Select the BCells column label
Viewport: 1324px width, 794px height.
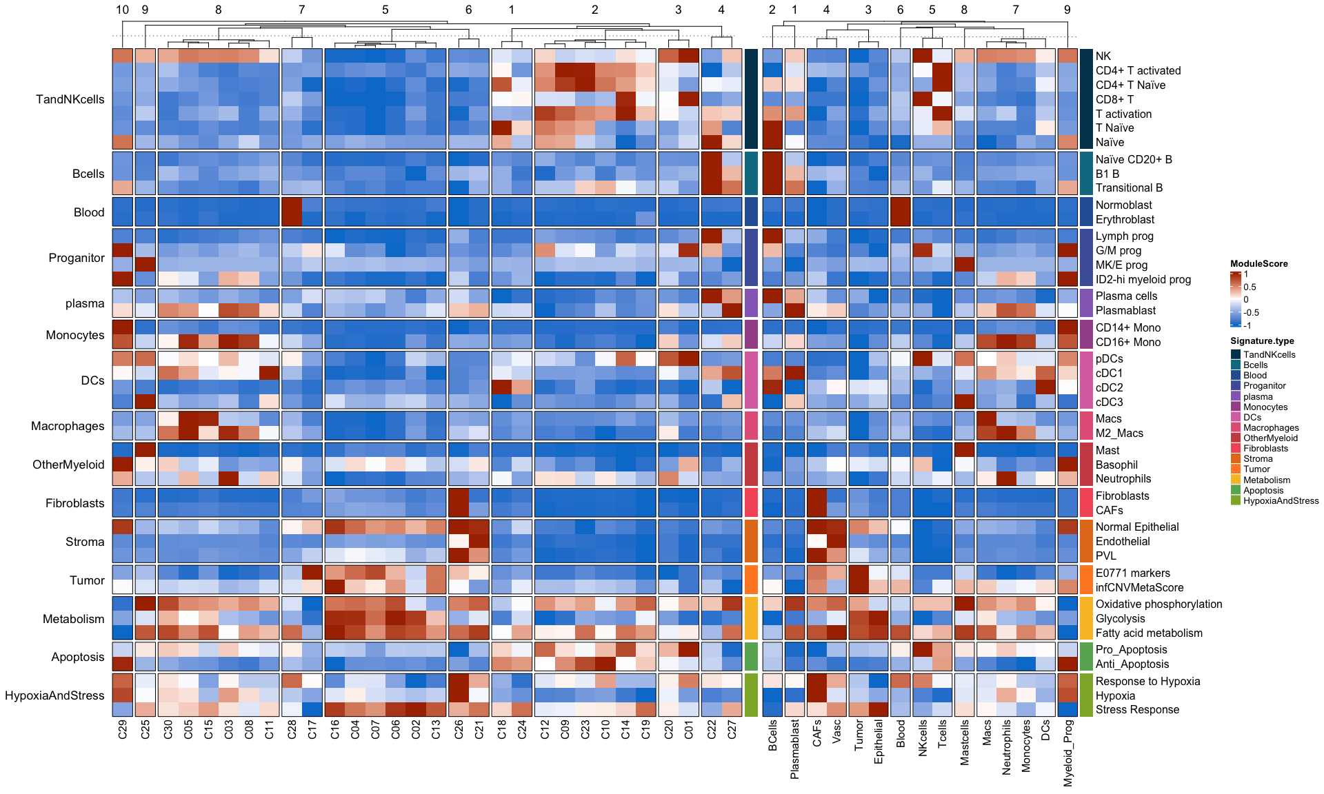coord(772,735)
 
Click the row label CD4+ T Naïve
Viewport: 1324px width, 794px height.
coord(1130,85)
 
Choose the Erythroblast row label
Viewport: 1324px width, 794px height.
coord(1125,219)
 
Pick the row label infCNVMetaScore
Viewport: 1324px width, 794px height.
coord(1139,587)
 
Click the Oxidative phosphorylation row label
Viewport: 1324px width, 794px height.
coord(1158,604)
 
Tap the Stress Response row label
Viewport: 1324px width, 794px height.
coord(1137,709)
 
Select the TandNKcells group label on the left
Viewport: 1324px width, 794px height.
coord(70,99)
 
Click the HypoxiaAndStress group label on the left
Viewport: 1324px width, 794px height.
coord(54,695)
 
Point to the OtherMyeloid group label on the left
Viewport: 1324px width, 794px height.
coord(68,465)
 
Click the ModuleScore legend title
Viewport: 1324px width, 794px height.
coord(1258,263)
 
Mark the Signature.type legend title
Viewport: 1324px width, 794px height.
coord(1262,340)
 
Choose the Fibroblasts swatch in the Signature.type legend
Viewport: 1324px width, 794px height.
coord(1235,448)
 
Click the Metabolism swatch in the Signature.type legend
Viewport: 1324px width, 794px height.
coord(1235,480)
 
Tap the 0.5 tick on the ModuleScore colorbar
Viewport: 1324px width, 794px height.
coord(1250,287)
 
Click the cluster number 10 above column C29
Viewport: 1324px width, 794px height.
coord(123,10)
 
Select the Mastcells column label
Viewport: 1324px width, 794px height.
coord(964,742)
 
